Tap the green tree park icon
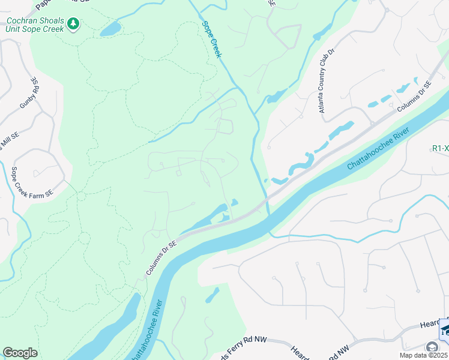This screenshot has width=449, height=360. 73,24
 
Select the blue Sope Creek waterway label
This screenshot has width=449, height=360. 212,40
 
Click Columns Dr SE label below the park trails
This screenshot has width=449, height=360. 161,257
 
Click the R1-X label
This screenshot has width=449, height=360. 440,148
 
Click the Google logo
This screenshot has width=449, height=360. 20,353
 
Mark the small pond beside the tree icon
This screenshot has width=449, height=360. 110,29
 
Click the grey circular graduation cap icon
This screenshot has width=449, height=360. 432,347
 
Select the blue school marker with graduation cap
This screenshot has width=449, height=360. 445,329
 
